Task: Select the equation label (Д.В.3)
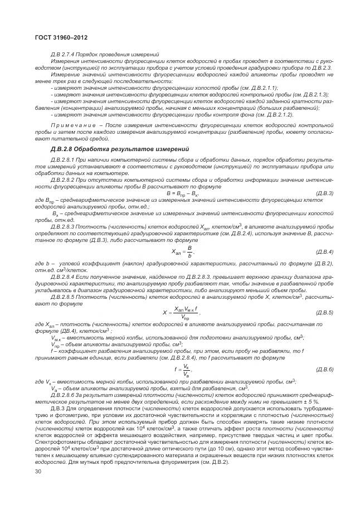click(x=324, y=192)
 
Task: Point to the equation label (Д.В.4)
click(x=324, y=252)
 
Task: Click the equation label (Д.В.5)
click(x=324, y=312)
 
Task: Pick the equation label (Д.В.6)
click(x=324, y=370)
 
